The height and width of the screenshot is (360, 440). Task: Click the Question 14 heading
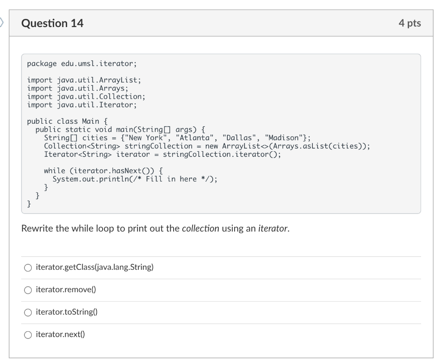[x=52, y=24]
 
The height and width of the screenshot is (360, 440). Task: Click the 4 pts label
[x=409, y=24]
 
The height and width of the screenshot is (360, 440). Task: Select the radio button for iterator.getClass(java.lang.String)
[x=28, y=268]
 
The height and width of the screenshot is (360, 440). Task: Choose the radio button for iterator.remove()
[x=28, y=290]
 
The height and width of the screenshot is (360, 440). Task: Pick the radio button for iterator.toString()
[x=28, y=313]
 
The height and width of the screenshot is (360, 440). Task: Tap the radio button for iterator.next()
[x=28, y=335]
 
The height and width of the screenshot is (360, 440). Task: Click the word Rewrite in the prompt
[x=37, y=228]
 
